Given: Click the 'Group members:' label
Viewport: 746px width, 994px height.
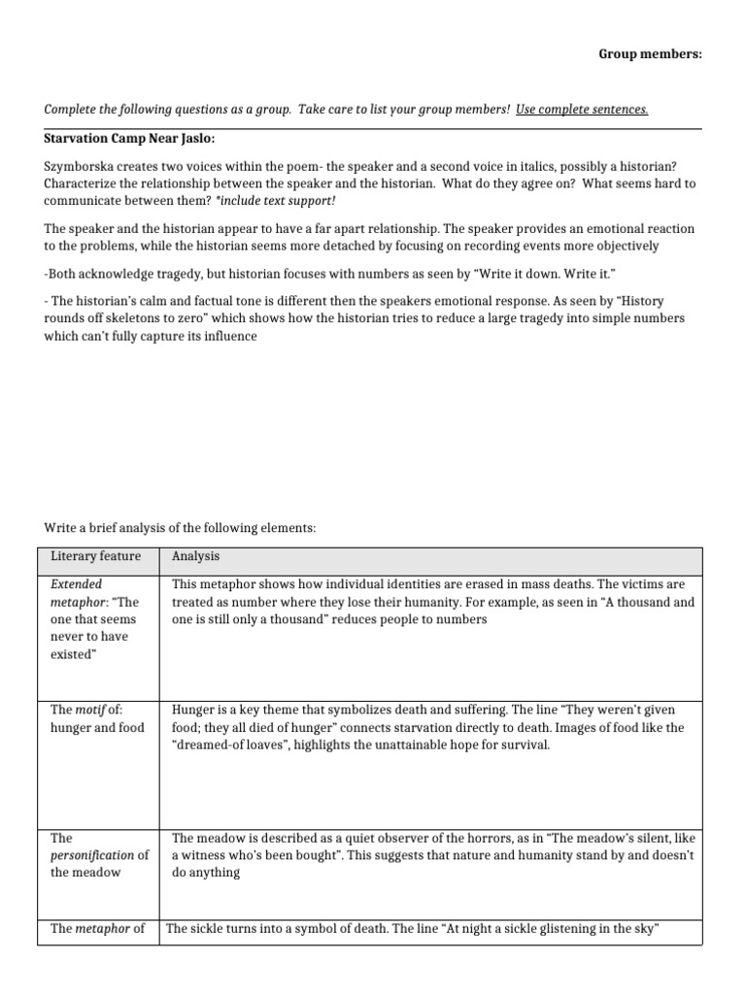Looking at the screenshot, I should (649, 54).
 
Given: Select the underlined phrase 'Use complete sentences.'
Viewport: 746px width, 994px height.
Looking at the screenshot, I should (582, 109).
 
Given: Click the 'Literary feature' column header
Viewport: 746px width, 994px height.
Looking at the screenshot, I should (95, 556).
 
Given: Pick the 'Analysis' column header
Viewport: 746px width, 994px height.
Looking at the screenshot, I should (195, 556).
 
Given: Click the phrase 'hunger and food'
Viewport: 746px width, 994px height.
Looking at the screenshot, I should (97, 728).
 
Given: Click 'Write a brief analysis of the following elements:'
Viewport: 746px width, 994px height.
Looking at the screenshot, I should (180, 528).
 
